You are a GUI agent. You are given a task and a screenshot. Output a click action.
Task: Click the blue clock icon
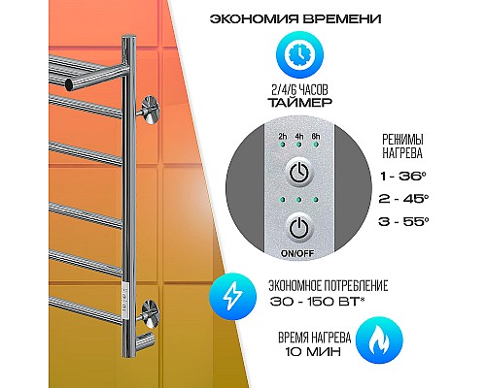(x=299, y=55)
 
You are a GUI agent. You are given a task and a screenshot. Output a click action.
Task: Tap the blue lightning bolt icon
(x=232, y=296)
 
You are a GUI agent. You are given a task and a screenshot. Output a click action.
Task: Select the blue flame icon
(x=379, y=340)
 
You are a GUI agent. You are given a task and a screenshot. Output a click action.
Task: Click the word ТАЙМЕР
(x=299, y=103)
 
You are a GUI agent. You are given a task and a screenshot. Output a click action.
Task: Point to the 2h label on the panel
(x=282, y=136)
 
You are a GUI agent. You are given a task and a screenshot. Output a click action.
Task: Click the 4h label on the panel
(x=299, y=136)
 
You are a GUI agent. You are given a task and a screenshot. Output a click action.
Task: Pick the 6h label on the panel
(x=315, y=136)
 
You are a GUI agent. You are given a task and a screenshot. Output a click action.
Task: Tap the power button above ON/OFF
(x=299, y=229)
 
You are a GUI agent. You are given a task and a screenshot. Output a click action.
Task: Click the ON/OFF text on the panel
(x=297, y=253)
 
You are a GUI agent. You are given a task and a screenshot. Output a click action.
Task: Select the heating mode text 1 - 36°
(x=402, y=177)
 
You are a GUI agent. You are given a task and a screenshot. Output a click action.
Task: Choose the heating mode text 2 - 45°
(x=403, y=199)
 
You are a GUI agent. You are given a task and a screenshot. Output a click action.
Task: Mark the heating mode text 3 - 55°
(x=403, y=222)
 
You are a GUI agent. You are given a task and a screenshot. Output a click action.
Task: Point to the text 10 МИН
(x=313, y=351)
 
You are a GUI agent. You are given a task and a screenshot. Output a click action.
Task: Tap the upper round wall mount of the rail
(x=150, y=111)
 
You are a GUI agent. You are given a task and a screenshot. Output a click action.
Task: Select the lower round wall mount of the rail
(x=150, y=314)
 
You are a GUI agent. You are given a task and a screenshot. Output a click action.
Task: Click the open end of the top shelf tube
(x=69, y=84)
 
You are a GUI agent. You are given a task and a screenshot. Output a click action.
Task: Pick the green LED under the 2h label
(x=282, y=145)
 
